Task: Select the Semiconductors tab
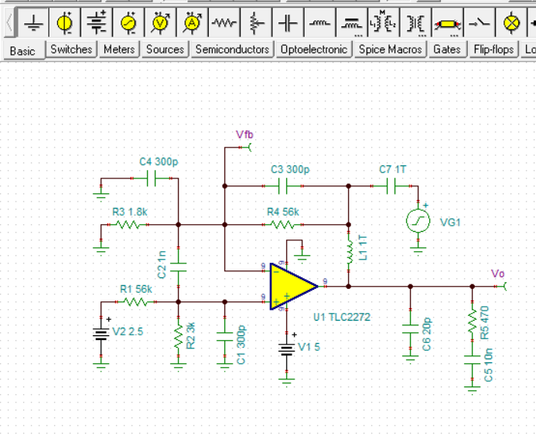coord(232,49)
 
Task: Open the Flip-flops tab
coord(495,49)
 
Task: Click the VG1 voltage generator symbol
coord(418,222)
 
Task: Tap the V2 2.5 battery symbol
coord(101,334)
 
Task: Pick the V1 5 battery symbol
coord(287,349)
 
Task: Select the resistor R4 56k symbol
coord(283,225)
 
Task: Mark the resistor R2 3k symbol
coord(179,336)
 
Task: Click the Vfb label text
coord(244,134)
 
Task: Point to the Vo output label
coord(498,274)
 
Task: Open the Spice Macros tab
coord(391,49)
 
